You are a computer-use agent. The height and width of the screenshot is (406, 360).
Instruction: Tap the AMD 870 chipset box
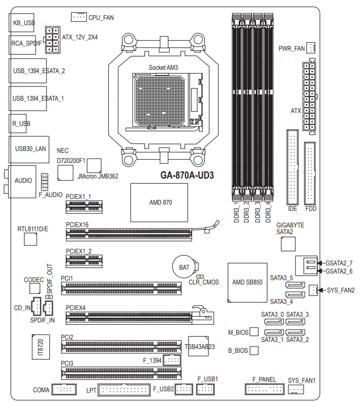161,202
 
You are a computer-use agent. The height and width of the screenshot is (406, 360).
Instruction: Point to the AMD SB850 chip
247,282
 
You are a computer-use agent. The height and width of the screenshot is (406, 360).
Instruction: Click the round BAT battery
184,267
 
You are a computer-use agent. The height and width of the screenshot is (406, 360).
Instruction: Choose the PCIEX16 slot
129,233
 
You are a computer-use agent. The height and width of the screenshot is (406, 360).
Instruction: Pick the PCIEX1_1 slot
84,206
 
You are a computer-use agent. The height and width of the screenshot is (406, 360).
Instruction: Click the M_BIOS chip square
254,332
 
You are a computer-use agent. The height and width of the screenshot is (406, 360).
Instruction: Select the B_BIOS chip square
254,351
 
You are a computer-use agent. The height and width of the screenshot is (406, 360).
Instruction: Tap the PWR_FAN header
311,48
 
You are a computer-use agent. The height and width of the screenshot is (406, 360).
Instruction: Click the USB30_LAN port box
28,149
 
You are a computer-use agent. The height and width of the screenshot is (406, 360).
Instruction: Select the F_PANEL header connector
264,389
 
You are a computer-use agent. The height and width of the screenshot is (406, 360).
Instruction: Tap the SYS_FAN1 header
296,389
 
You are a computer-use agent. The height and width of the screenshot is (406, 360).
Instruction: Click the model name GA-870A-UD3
187,175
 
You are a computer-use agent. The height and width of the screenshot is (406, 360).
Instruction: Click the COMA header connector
64,390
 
